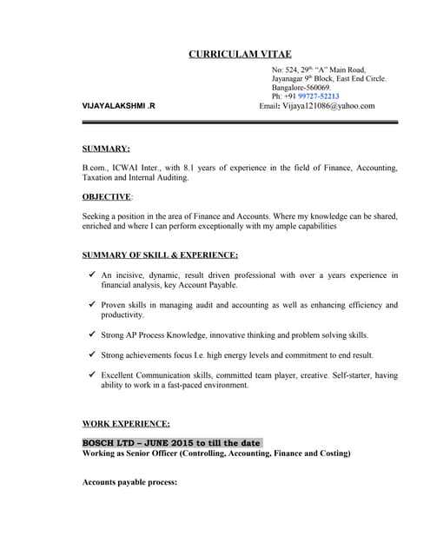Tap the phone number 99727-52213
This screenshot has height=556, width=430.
tap(318, 96)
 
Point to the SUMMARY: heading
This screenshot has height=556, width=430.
tap(106, 149)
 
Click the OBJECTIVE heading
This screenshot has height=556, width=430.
tap(107, 197)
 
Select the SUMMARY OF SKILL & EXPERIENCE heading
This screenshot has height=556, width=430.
tap(160, 255)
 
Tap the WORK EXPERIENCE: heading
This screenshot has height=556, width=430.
tap(126, 423)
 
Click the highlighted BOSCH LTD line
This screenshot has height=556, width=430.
tap(171, 442)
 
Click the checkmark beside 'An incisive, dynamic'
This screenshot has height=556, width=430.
tap(91, 275)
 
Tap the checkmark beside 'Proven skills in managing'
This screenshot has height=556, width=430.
tap(91, 305)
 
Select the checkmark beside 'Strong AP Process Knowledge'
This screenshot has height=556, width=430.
tap(91, 334)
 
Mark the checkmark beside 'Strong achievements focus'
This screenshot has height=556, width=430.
tap(91, 354)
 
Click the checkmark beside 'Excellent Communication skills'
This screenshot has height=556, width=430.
tap(91, 374)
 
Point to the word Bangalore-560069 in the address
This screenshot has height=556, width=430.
tap(301, 88)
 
